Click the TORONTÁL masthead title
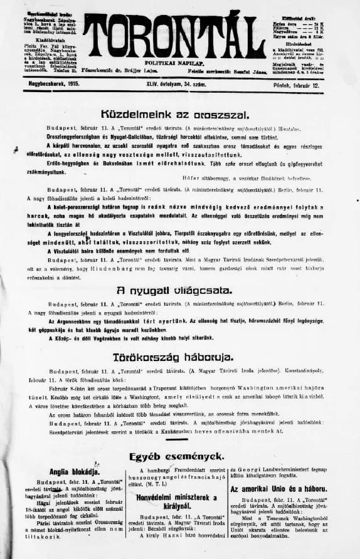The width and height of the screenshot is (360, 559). pos(179,38)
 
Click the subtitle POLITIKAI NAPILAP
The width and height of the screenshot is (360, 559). pos(179,64)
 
